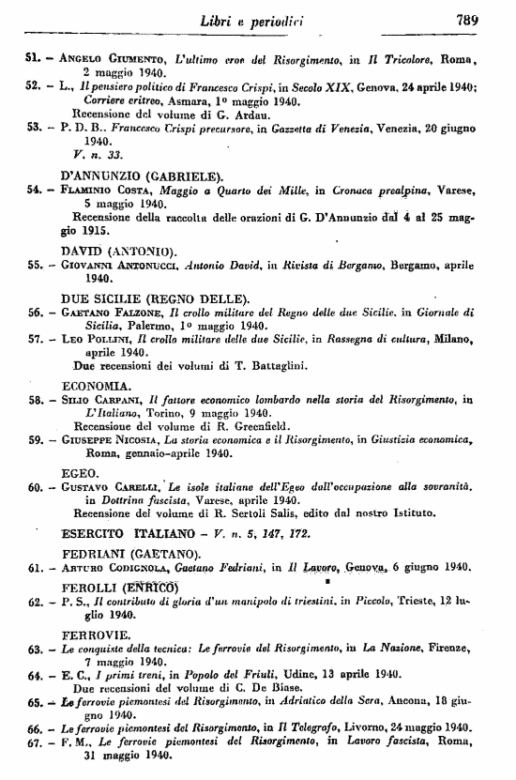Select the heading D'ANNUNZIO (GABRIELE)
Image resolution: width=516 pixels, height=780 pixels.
click(141, 175)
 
